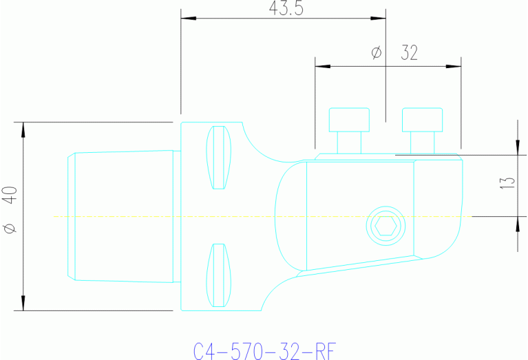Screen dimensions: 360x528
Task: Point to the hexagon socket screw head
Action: point(383,225)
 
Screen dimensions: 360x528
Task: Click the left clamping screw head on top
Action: point(350,120)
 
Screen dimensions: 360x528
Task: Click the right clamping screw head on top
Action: point(422,120)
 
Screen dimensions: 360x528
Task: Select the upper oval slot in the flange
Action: point(218,158)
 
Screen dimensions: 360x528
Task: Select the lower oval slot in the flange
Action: point(218,275)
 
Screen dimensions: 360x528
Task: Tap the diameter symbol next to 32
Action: point(376,53)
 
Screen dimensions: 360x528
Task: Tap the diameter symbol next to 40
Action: point(9,229)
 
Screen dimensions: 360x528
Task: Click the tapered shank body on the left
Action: point(120,216)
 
